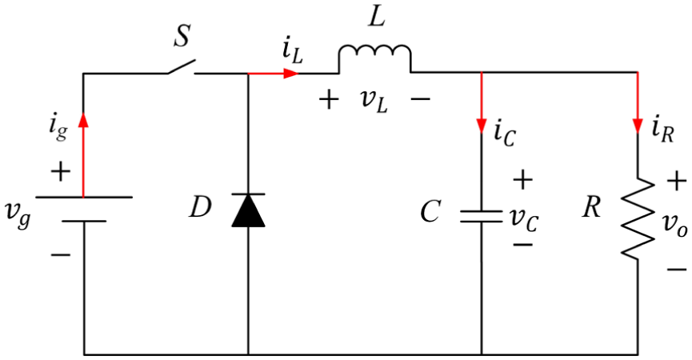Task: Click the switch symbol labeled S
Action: point(181,66)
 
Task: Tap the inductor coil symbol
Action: point(374,58)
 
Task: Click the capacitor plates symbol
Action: point(481,216)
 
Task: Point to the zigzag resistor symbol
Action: point(638,218)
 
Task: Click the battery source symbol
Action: point(84,209)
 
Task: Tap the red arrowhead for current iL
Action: point(291,73)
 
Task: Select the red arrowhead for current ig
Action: point(83,119)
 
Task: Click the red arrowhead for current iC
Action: point(481,125)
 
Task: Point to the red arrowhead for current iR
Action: point(638,125)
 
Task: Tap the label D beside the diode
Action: point(200,207)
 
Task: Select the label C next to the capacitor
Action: point(430,211)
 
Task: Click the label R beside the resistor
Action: point(591,207)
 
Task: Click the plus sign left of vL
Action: point(329,100)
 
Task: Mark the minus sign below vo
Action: point(677,269)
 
